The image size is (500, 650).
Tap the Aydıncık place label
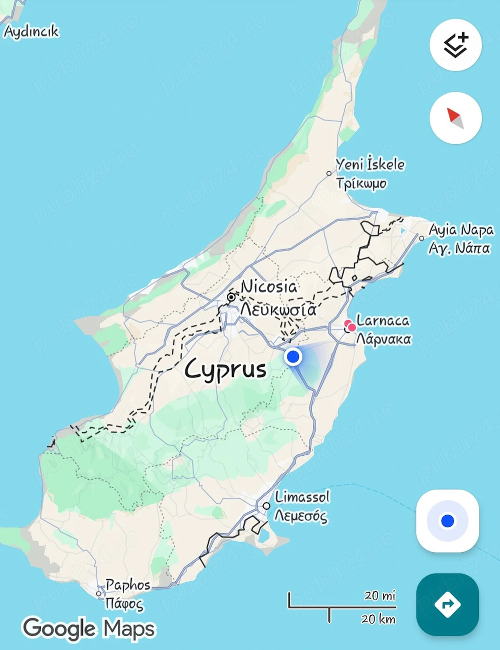pyautogui.click(x=31, y=31)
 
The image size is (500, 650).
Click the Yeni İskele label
pyautogui.click(x=370, y=164)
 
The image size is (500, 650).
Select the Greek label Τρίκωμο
pyautogui.click(x=361, y=183)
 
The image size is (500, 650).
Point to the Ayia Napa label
pyautogui.click(x=461, y=230)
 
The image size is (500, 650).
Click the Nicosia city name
pyautogui.click(x=269, y=287)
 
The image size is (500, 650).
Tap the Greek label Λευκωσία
pyautogui.click(x=278, y=310)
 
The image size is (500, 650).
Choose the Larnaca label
pyautogui.click(x=383, y=321)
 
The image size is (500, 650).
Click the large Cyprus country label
pyautogui.click(x=225, y=369)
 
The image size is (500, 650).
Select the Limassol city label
pyautogui.click(x=302, y=497)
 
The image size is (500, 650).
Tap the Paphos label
pyautogui.click(x=128, y=585)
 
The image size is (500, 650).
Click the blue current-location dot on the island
pyautogui.click(x=293, y=357)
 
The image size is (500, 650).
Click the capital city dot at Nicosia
pyautogui.click(x=231, y=298)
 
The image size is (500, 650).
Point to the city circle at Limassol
pyautogui.click(x=266, y=506)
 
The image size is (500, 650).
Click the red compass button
pyautogui.click(x=455, y=118)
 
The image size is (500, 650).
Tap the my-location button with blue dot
pyautogui.click(x=447, y=521)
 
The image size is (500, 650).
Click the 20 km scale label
pyautogui.click(x=378, y=619)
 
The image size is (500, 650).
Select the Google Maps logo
pyautogui.click(x=89, y=628)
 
